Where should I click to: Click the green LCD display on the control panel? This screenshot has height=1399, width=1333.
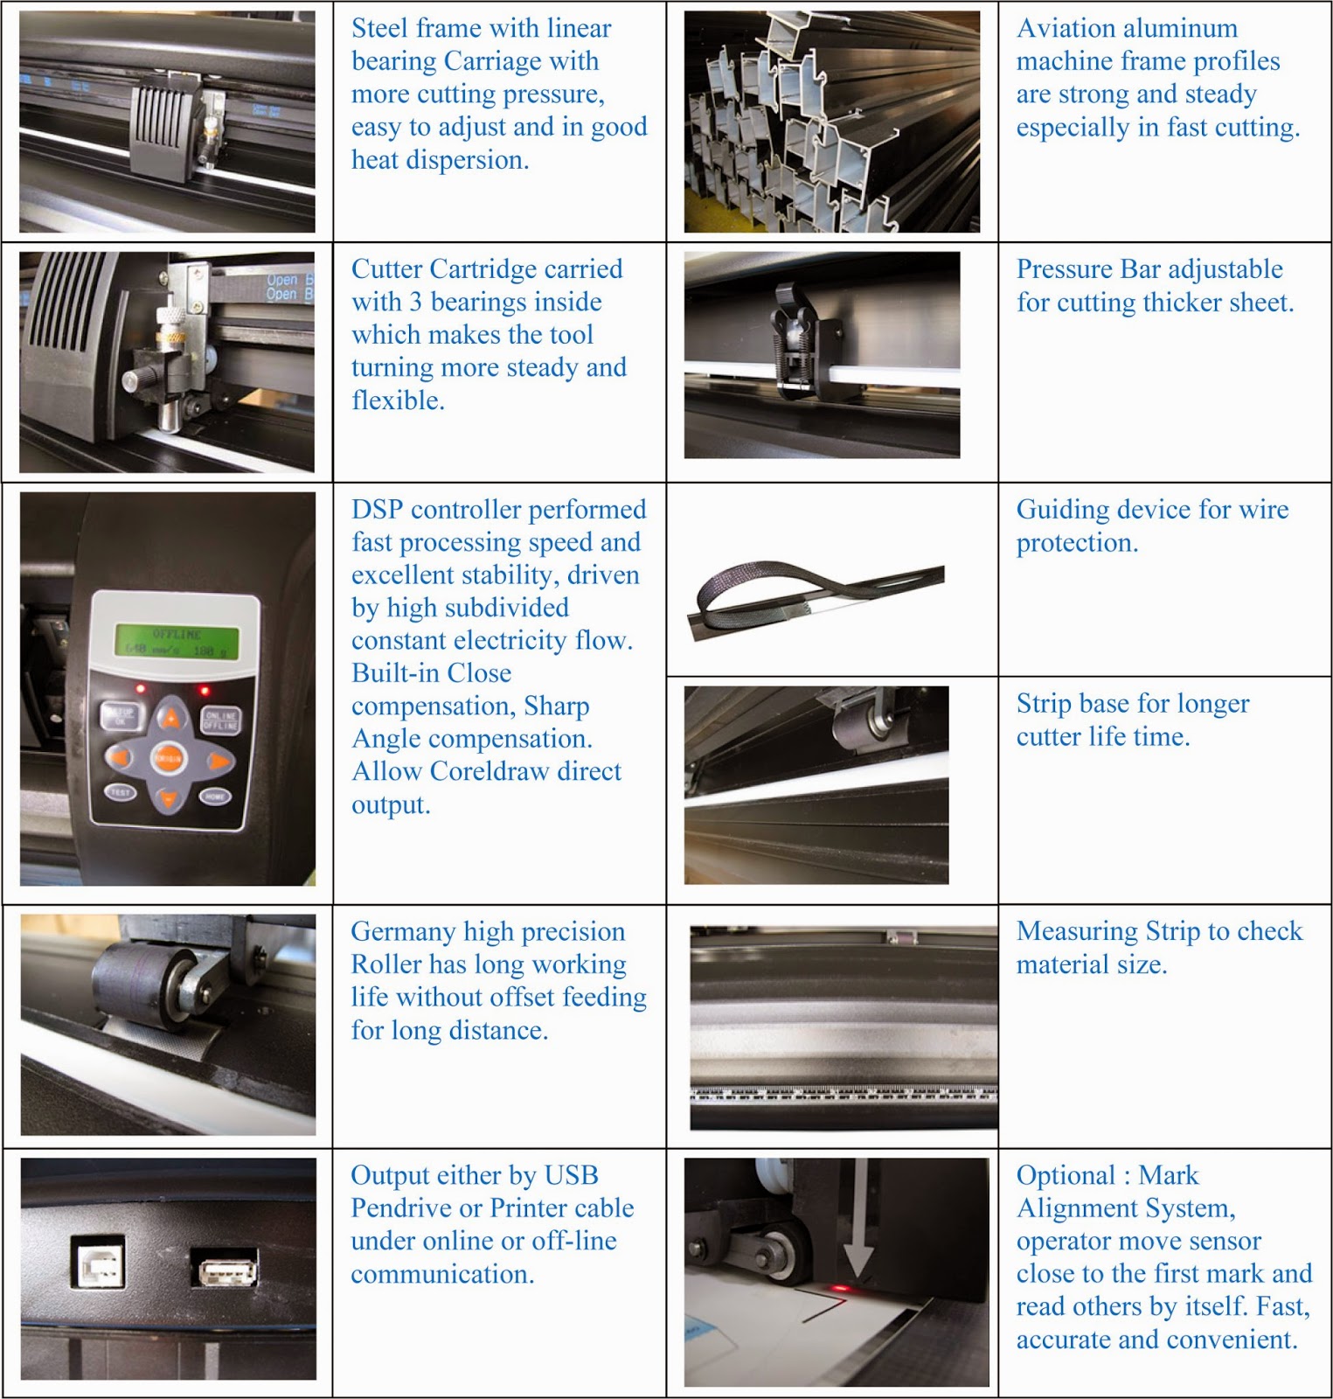pyautogui.click(x=177, y=641)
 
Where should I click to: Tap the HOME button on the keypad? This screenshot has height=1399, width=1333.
pyautogui.click(x=215, y=796)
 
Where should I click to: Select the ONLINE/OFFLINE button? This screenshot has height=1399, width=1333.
pyautogui.click(x=220, y=720)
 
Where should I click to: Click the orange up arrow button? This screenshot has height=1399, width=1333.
pyautogui.click(x=172, y=720)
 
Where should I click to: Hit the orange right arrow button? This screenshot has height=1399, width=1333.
pyautogui.click(x=219, y=760)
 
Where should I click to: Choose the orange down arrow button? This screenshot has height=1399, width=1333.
pyautogui.click(x=169, y=798)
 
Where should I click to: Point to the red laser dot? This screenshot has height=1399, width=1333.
pyautogui.click(x=841, y=1288)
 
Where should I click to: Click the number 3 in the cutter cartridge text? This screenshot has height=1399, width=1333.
pyautogui.click(x=415, y=303)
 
